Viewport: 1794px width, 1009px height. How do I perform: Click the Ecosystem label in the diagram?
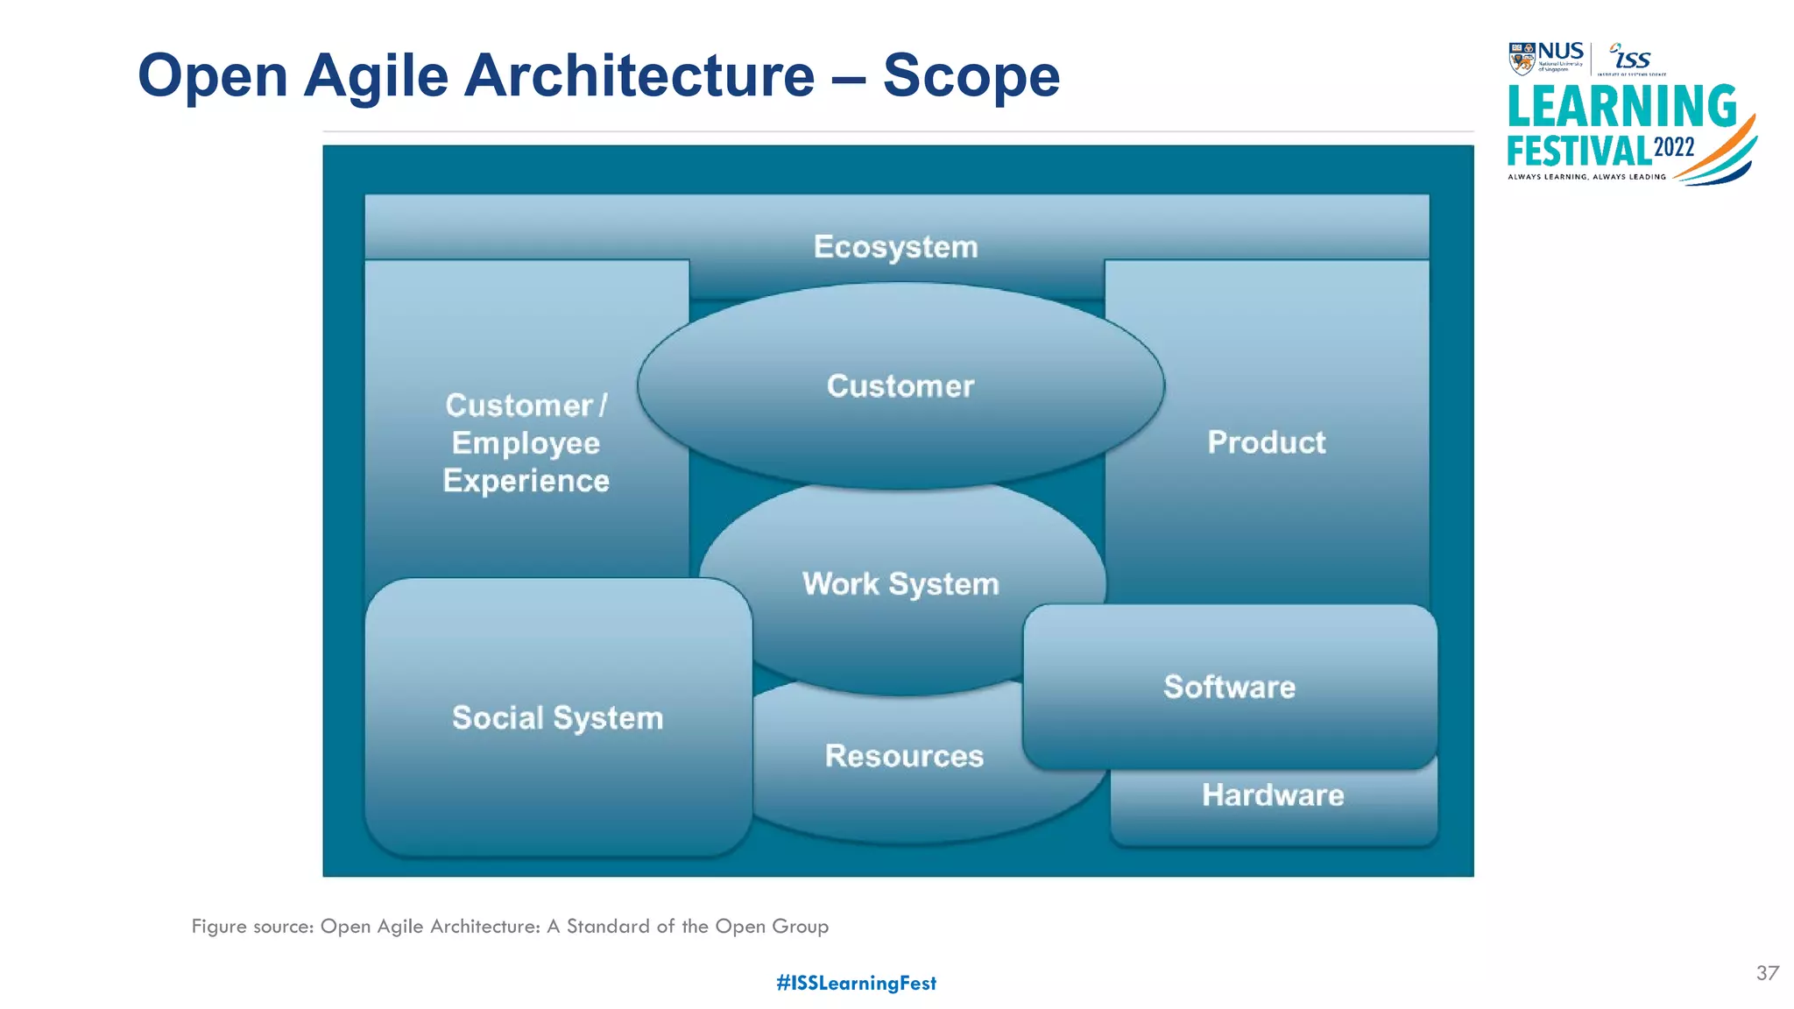pos(895,247)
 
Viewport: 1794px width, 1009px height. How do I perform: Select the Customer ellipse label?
pos(900,386)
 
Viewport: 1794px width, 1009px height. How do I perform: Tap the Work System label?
pos(901,584)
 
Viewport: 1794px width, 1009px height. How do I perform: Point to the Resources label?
pos(904,756)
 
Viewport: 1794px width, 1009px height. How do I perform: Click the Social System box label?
pos(557,718)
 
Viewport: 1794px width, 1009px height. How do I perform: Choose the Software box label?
pos(1229,687)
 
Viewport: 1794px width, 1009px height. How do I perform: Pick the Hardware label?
pos(1272,795)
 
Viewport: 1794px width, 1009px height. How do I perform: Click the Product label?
pos(1266,442)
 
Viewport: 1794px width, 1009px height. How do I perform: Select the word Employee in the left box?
pos(526,443)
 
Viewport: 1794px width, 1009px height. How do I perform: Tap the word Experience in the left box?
pos(526,481)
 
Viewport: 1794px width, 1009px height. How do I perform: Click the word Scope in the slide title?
pos(971,76)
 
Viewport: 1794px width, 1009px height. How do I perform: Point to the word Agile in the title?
pos(376,76)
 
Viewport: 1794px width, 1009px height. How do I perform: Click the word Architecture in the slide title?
pos(639,76)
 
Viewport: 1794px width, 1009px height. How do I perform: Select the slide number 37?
pos(1767,973)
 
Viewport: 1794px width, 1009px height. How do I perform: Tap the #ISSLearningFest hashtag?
pos(856,983)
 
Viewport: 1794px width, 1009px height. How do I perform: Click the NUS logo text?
pos(1560,52)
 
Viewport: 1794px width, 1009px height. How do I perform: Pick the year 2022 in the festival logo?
pos(1674,147)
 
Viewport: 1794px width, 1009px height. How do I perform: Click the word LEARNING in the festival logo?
pos(1621,107)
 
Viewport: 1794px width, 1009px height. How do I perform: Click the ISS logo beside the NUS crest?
pos(1631,58)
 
